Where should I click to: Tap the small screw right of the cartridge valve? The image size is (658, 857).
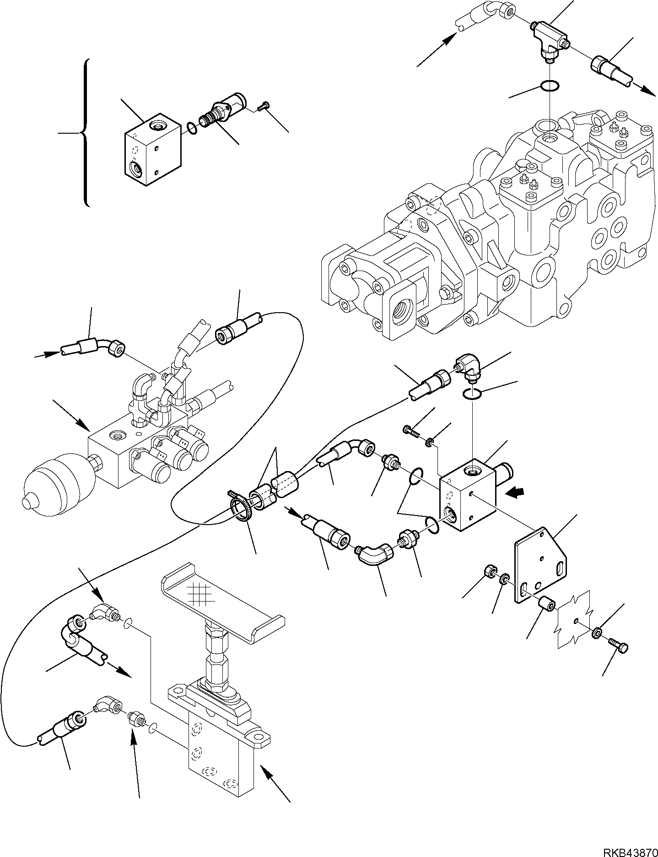click(x=262, y=107)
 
